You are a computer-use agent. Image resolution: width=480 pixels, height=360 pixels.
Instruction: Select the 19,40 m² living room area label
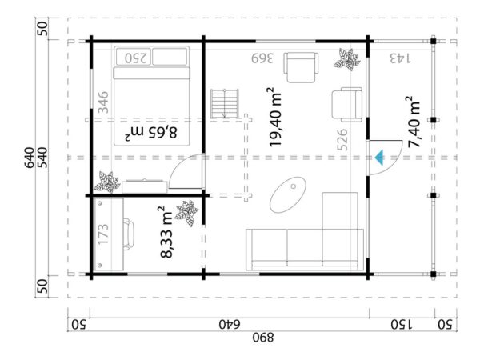(x=276, y=117)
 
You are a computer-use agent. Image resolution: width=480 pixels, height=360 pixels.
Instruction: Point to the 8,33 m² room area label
(x=168, y=232)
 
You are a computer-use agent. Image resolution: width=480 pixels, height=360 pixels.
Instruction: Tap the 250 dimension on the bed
(x=137, y=58)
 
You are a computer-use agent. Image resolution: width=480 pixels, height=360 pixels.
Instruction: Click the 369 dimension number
(x=263, y=58)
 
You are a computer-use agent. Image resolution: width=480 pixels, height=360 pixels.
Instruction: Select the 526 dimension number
(x=343, y=142)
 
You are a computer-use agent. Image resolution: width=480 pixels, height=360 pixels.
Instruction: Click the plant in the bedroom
(x=106, y=182)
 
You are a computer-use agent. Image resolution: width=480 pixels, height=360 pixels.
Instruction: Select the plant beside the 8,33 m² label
(x=188, y=213)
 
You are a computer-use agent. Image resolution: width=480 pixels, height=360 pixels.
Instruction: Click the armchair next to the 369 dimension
(x=302, y=66)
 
